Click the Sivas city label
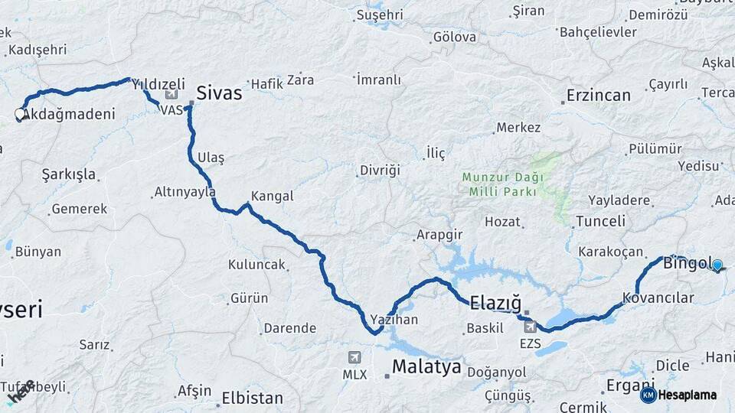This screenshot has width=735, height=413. click(219, 93)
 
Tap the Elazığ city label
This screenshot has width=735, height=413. click(495, 301)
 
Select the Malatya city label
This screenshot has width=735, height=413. click(426, 367)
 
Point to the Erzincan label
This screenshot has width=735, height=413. click(598, 96)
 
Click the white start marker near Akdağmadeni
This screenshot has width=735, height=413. click(20, 115)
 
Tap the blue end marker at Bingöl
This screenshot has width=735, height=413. click(717, 266)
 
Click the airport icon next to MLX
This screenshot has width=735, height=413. click(354, 358)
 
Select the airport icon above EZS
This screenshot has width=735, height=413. click(530, 327)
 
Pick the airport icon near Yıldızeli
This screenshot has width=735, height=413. click(170, 95)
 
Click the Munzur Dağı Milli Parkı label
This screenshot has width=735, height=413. click(503, 184)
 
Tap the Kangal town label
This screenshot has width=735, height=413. click(272, 196)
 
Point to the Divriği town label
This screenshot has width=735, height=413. click(380, 170)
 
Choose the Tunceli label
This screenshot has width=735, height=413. click(600, 222)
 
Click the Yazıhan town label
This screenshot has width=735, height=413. click(394, 320)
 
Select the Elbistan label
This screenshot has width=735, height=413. click(252, 398)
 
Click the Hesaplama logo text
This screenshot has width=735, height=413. click(688, 395)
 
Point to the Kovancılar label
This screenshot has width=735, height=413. click(658, 298)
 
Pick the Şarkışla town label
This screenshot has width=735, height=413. click(69, 174)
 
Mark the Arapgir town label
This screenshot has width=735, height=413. click(439, 234)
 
